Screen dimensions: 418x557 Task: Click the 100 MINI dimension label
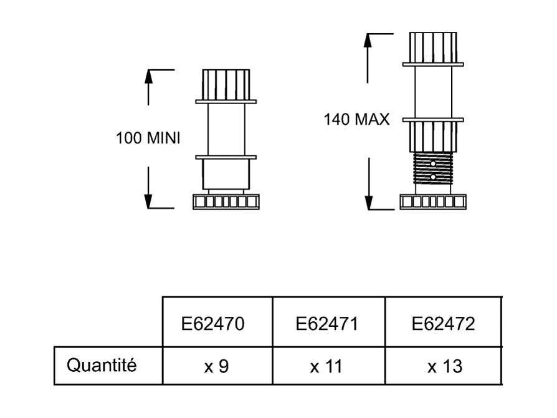148,138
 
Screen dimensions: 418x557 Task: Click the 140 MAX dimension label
356,119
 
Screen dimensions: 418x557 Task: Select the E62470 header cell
217,324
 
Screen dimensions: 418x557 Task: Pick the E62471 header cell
328,324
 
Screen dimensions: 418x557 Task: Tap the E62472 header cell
443,324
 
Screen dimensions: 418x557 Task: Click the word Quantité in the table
102,365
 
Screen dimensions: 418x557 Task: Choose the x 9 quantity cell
217,366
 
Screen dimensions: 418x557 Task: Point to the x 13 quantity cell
444,366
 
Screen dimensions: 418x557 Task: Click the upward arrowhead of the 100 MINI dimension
148,75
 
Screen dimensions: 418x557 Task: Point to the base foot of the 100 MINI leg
226,202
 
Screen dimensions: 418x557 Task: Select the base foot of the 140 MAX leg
433,202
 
